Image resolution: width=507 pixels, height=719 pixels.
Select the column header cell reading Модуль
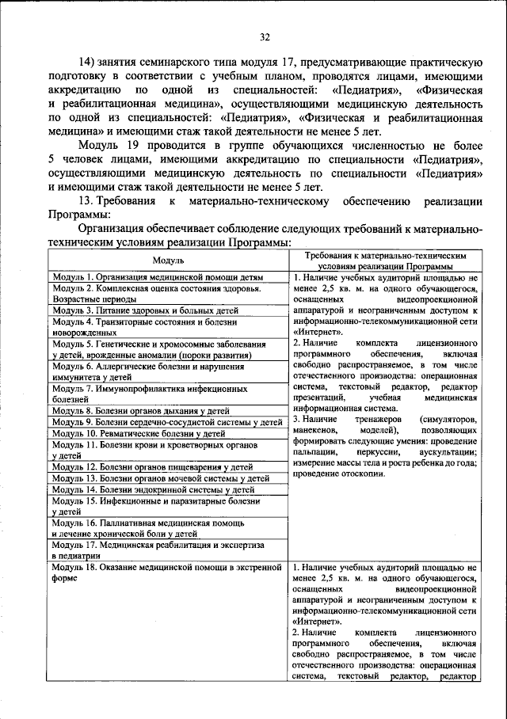(x=168, y=260)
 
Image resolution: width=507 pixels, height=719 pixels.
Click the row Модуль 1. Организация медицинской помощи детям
(x=158, y=277)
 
